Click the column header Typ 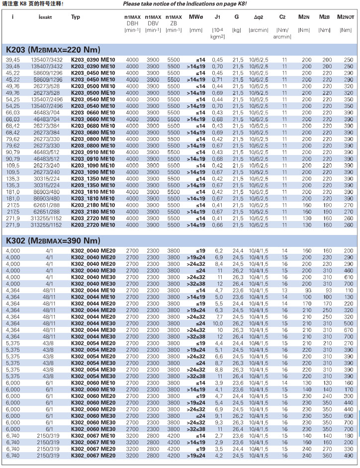pyautogui.click(x=75, y=17)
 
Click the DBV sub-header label pyautogui.click(x=153, y=23)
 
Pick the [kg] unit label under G pyautogui.click(x=237, y=30)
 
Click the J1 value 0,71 pyautogui.click(x=218, y=79)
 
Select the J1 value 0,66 pyautogui.click(x=218, y=225)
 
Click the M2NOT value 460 pyautogui.click(x=349, y=270)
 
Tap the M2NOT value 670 pyautogui.click(x=349, y=329)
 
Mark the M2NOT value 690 pyautogui.click(x=349, y=414)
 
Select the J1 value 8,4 pyautogui.click(x=218, y=263)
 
